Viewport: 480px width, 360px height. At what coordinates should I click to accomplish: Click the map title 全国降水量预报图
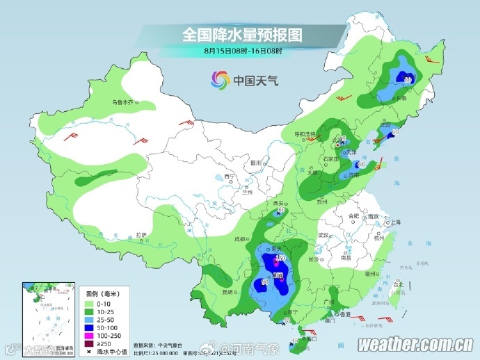(243, 34)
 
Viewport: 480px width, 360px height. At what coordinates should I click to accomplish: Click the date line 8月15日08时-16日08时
(243, 50)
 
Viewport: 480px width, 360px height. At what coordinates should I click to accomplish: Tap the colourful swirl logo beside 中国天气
(220, 80)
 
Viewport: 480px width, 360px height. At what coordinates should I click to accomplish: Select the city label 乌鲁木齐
(122, 102)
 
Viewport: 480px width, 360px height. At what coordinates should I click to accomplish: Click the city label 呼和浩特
(303, 133)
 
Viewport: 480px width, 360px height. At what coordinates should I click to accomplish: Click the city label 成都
(240, 238)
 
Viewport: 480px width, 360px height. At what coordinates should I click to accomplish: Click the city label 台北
(397, 284)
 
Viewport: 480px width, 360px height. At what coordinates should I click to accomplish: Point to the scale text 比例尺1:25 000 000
(159, 352)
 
